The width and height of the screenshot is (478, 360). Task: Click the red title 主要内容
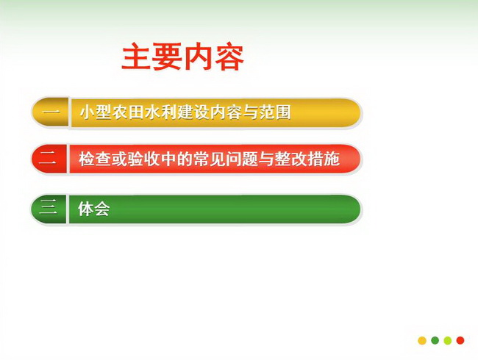tap(182, 57)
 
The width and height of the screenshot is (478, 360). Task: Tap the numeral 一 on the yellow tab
tap(51, 112)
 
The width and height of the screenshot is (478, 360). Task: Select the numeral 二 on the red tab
tap(48, 159)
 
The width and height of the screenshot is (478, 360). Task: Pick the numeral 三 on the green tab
tap(48, 209)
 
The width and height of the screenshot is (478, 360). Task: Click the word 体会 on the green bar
tap(94, 209)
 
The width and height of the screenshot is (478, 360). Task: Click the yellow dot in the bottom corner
tap(422, 340)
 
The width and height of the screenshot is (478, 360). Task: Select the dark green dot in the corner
tap(435, 340)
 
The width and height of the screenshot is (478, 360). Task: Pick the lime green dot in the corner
tap(448, 340)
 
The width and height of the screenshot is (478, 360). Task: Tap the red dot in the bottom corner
tap(460, 340)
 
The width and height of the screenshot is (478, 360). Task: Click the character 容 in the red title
tap(229, 57)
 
